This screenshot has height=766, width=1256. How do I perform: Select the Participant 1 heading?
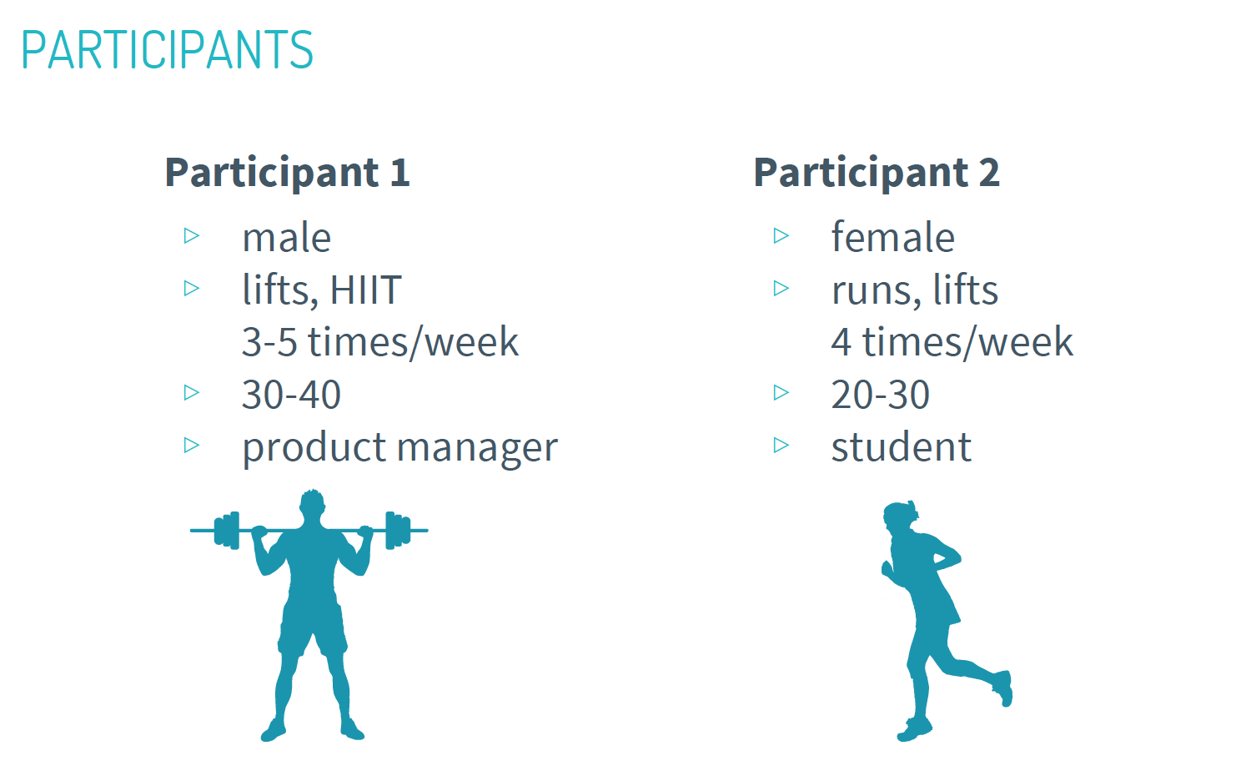pyautogui.click(x=288, y=172)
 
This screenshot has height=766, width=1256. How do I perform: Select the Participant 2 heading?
pyautogui.click(x=877, y=172)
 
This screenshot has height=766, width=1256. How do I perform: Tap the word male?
pyautogui.click(x=287, y=237)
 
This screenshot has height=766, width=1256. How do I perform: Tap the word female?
pyautogui.click(x=893, y=236)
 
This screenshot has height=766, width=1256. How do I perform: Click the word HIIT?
pyautogui.click(x=366, y=290)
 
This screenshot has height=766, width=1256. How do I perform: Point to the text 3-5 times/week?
pyautogui.click(x=380, y=342)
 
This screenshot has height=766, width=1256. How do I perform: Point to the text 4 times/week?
pyautogui.click(x=952, y=342)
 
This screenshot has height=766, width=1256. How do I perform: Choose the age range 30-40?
pyautogui.click(x=291, y=395)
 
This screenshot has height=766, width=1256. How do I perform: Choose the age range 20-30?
pyautogui.click(x=881, y=395)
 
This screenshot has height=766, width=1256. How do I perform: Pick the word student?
pyautogui.click(x=902, y=447)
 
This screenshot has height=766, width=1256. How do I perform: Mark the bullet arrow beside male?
pyautogui.click(x=192, y=235)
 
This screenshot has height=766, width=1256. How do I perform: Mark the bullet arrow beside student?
pyautogui.click(x=781, y=445)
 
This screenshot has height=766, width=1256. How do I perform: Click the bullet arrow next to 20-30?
pyautogui.click(x=781, y=392)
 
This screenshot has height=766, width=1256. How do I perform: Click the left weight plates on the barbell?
pyautogui.click(x=227, y=531)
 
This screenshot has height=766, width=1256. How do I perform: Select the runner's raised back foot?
pyautogui.click(x=1003, y=688)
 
